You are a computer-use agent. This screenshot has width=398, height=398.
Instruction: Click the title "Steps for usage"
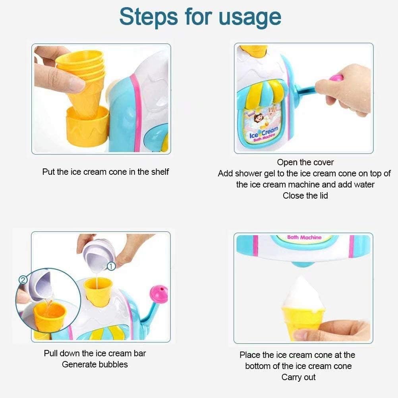pos(200,17)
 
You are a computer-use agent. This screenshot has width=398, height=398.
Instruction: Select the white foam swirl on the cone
pos(302,293)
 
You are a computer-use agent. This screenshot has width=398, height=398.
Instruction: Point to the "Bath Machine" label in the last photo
pos(304,238)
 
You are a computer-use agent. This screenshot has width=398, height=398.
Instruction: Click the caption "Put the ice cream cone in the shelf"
pos(105,172)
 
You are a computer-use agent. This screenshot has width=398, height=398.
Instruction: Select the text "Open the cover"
pos(305,162)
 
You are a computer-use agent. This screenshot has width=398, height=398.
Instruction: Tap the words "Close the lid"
pos(305,196)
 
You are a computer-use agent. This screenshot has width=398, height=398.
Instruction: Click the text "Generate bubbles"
pos(95,364)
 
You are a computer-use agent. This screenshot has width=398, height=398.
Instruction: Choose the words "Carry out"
pos(298,377)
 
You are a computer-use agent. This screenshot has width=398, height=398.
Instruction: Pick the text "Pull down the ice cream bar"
pos(95,353)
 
